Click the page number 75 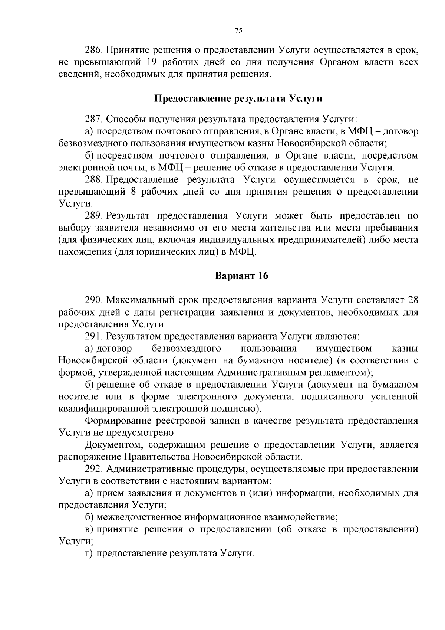pos(238,31)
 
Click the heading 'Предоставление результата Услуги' pos(238,99)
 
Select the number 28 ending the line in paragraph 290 pos(413,300)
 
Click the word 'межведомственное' pos(139,517)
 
